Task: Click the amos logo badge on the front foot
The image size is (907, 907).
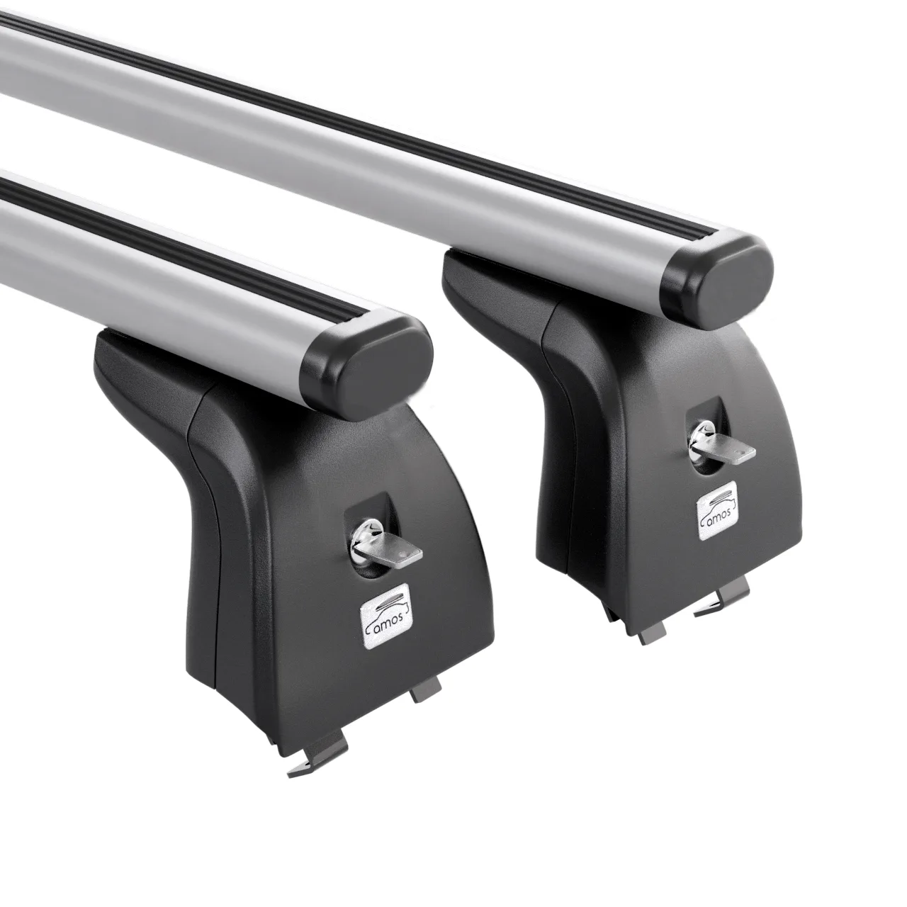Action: [x=386, y=611]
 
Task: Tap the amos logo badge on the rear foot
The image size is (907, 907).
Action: [x=718, y=509]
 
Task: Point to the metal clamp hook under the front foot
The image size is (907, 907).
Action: [x=315, y=752]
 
